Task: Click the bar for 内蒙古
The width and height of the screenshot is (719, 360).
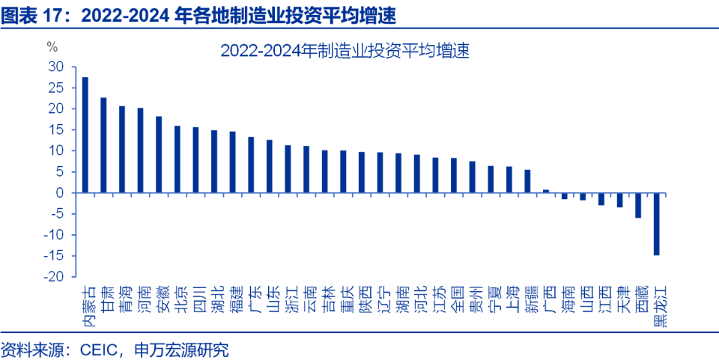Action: [85, 135]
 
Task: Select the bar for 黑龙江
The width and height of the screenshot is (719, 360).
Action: [657, 224]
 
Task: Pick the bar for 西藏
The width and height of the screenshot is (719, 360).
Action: [638, 205]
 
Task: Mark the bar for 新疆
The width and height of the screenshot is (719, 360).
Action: [527, 181]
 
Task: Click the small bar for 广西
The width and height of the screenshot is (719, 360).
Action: [546, 191]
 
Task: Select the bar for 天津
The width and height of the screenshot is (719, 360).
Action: [619, 200]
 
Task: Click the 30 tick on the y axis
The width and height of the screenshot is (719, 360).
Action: [56, 67]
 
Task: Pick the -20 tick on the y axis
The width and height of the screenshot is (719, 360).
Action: [53, 277]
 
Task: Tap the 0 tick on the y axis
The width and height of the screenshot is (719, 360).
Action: [60, 193]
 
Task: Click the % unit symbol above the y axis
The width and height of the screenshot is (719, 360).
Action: [52, 46]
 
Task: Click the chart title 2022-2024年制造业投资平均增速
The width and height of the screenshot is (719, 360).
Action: [344, 51]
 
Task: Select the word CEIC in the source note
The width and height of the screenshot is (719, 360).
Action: [94, 348]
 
